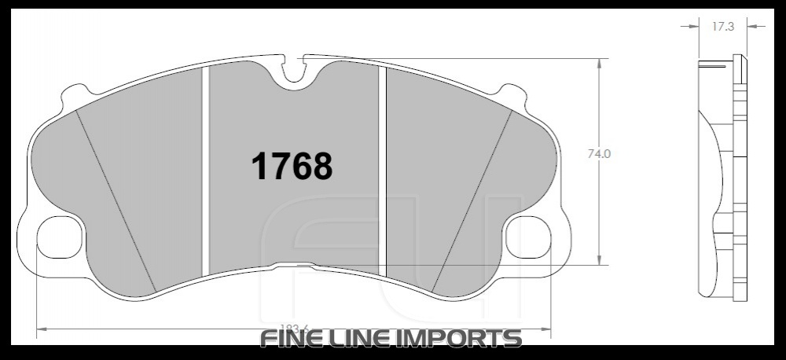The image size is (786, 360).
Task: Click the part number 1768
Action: click(292, 166)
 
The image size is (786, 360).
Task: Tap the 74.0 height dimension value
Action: click(599, 154)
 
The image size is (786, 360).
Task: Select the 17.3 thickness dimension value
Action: click(723, 27)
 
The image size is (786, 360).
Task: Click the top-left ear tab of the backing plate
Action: click(74, 94)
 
